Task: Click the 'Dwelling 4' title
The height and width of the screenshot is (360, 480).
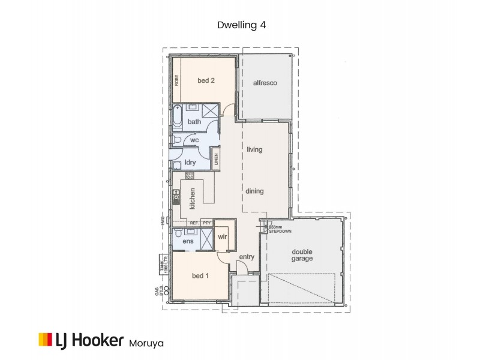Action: click(240, 25)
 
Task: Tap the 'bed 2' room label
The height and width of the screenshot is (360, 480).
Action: click(205, 80)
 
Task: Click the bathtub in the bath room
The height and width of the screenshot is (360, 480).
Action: click(178, 116)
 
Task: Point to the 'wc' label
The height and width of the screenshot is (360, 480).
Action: click(194, 140)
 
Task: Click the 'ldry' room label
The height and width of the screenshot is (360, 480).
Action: click(191, 162)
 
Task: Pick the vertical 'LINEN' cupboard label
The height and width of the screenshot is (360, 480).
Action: click(216, 161)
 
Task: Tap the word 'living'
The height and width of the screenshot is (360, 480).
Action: click(254, 149)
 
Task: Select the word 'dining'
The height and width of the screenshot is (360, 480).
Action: click(254, 191)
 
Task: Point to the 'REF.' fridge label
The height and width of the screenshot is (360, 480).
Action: click(194, 223)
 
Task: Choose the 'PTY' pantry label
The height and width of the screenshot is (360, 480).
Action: click(207, 223)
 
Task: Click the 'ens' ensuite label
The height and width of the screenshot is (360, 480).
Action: click(188, 241)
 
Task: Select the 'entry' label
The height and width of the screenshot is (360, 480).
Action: click(247, 257)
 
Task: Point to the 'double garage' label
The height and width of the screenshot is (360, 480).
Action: click(302, 255)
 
